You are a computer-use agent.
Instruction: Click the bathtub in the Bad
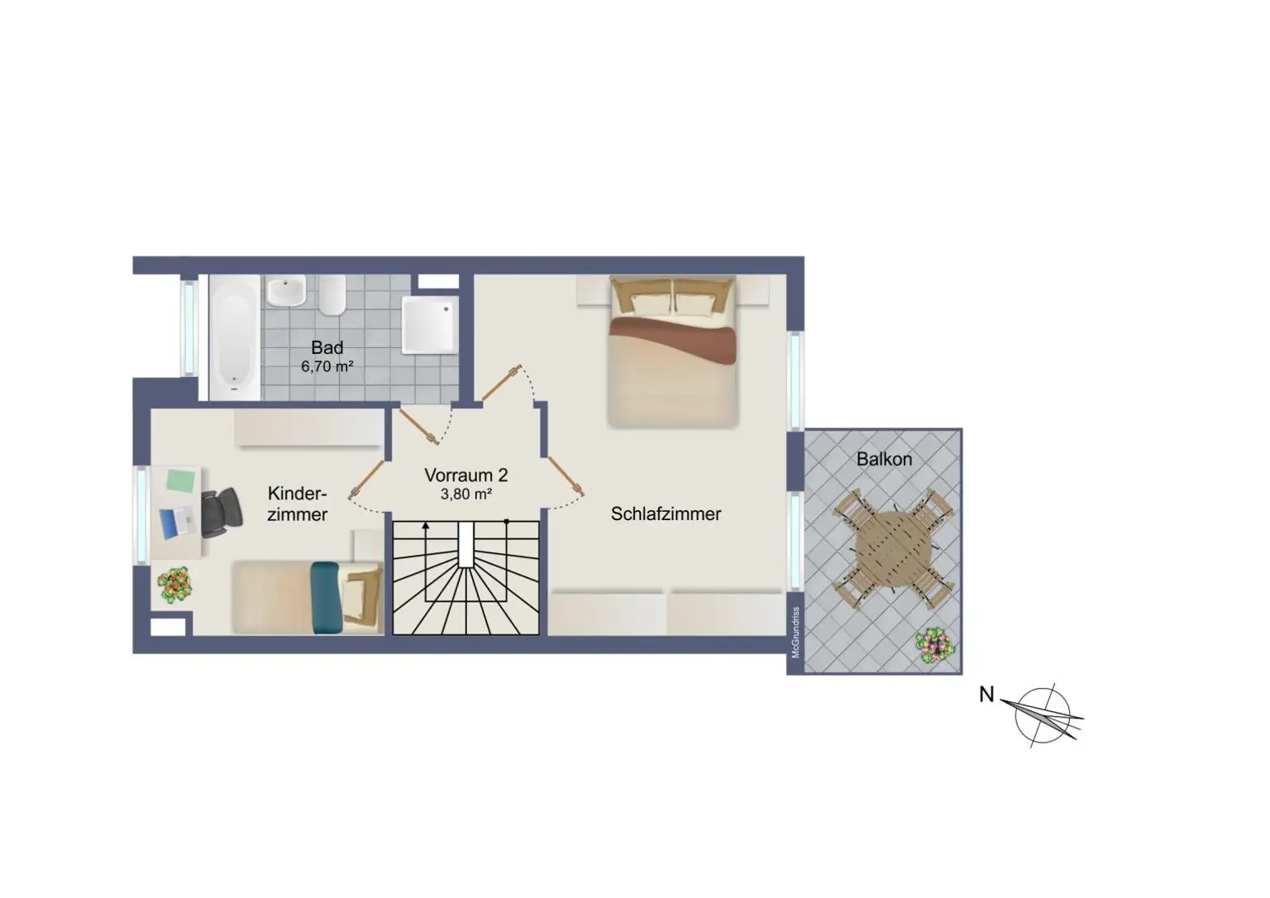235,338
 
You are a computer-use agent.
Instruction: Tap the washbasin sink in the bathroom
286,291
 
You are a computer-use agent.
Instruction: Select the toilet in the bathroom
332,295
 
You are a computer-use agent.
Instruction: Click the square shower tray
430,324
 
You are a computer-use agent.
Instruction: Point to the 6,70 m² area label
327,367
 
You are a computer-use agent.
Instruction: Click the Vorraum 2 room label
466,475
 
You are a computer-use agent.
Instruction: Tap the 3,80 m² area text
466,494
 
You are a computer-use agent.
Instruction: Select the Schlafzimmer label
666,514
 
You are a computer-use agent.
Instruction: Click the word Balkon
884,459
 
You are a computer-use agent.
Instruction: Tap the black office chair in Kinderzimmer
222,512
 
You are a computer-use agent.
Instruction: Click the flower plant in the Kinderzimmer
174,585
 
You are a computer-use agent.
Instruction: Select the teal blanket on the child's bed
326,598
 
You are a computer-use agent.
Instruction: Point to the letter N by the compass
986,695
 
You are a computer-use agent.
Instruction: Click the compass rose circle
1042,716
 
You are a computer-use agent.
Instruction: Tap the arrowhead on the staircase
426,526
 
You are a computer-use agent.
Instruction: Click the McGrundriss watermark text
795,633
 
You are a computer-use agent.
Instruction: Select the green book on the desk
181,480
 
